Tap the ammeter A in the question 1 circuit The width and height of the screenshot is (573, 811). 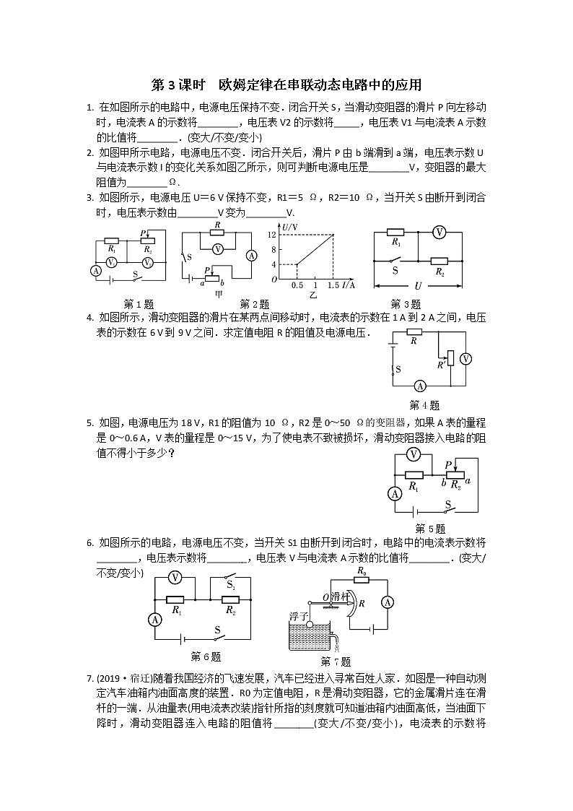coord(95,270)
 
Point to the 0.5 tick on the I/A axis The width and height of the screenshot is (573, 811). coord(297,286)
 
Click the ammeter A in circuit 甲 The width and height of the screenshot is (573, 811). coord(251,255)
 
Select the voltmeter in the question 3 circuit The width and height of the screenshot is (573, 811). coord(437,232)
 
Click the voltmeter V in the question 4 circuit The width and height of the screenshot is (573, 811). coord(465,358)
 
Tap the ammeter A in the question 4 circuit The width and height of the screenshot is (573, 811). coord(420,386)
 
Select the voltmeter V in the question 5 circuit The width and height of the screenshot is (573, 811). coord(413,454)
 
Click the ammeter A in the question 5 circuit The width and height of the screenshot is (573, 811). coord(395,494)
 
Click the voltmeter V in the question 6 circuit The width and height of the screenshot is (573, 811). coord(174,577)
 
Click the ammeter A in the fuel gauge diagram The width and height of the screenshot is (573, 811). coord(386,602)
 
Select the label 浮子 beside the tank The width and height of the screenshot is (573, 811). coord(299,615)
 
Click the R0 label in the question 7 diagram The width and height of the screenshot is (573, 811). coord(361,571)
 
